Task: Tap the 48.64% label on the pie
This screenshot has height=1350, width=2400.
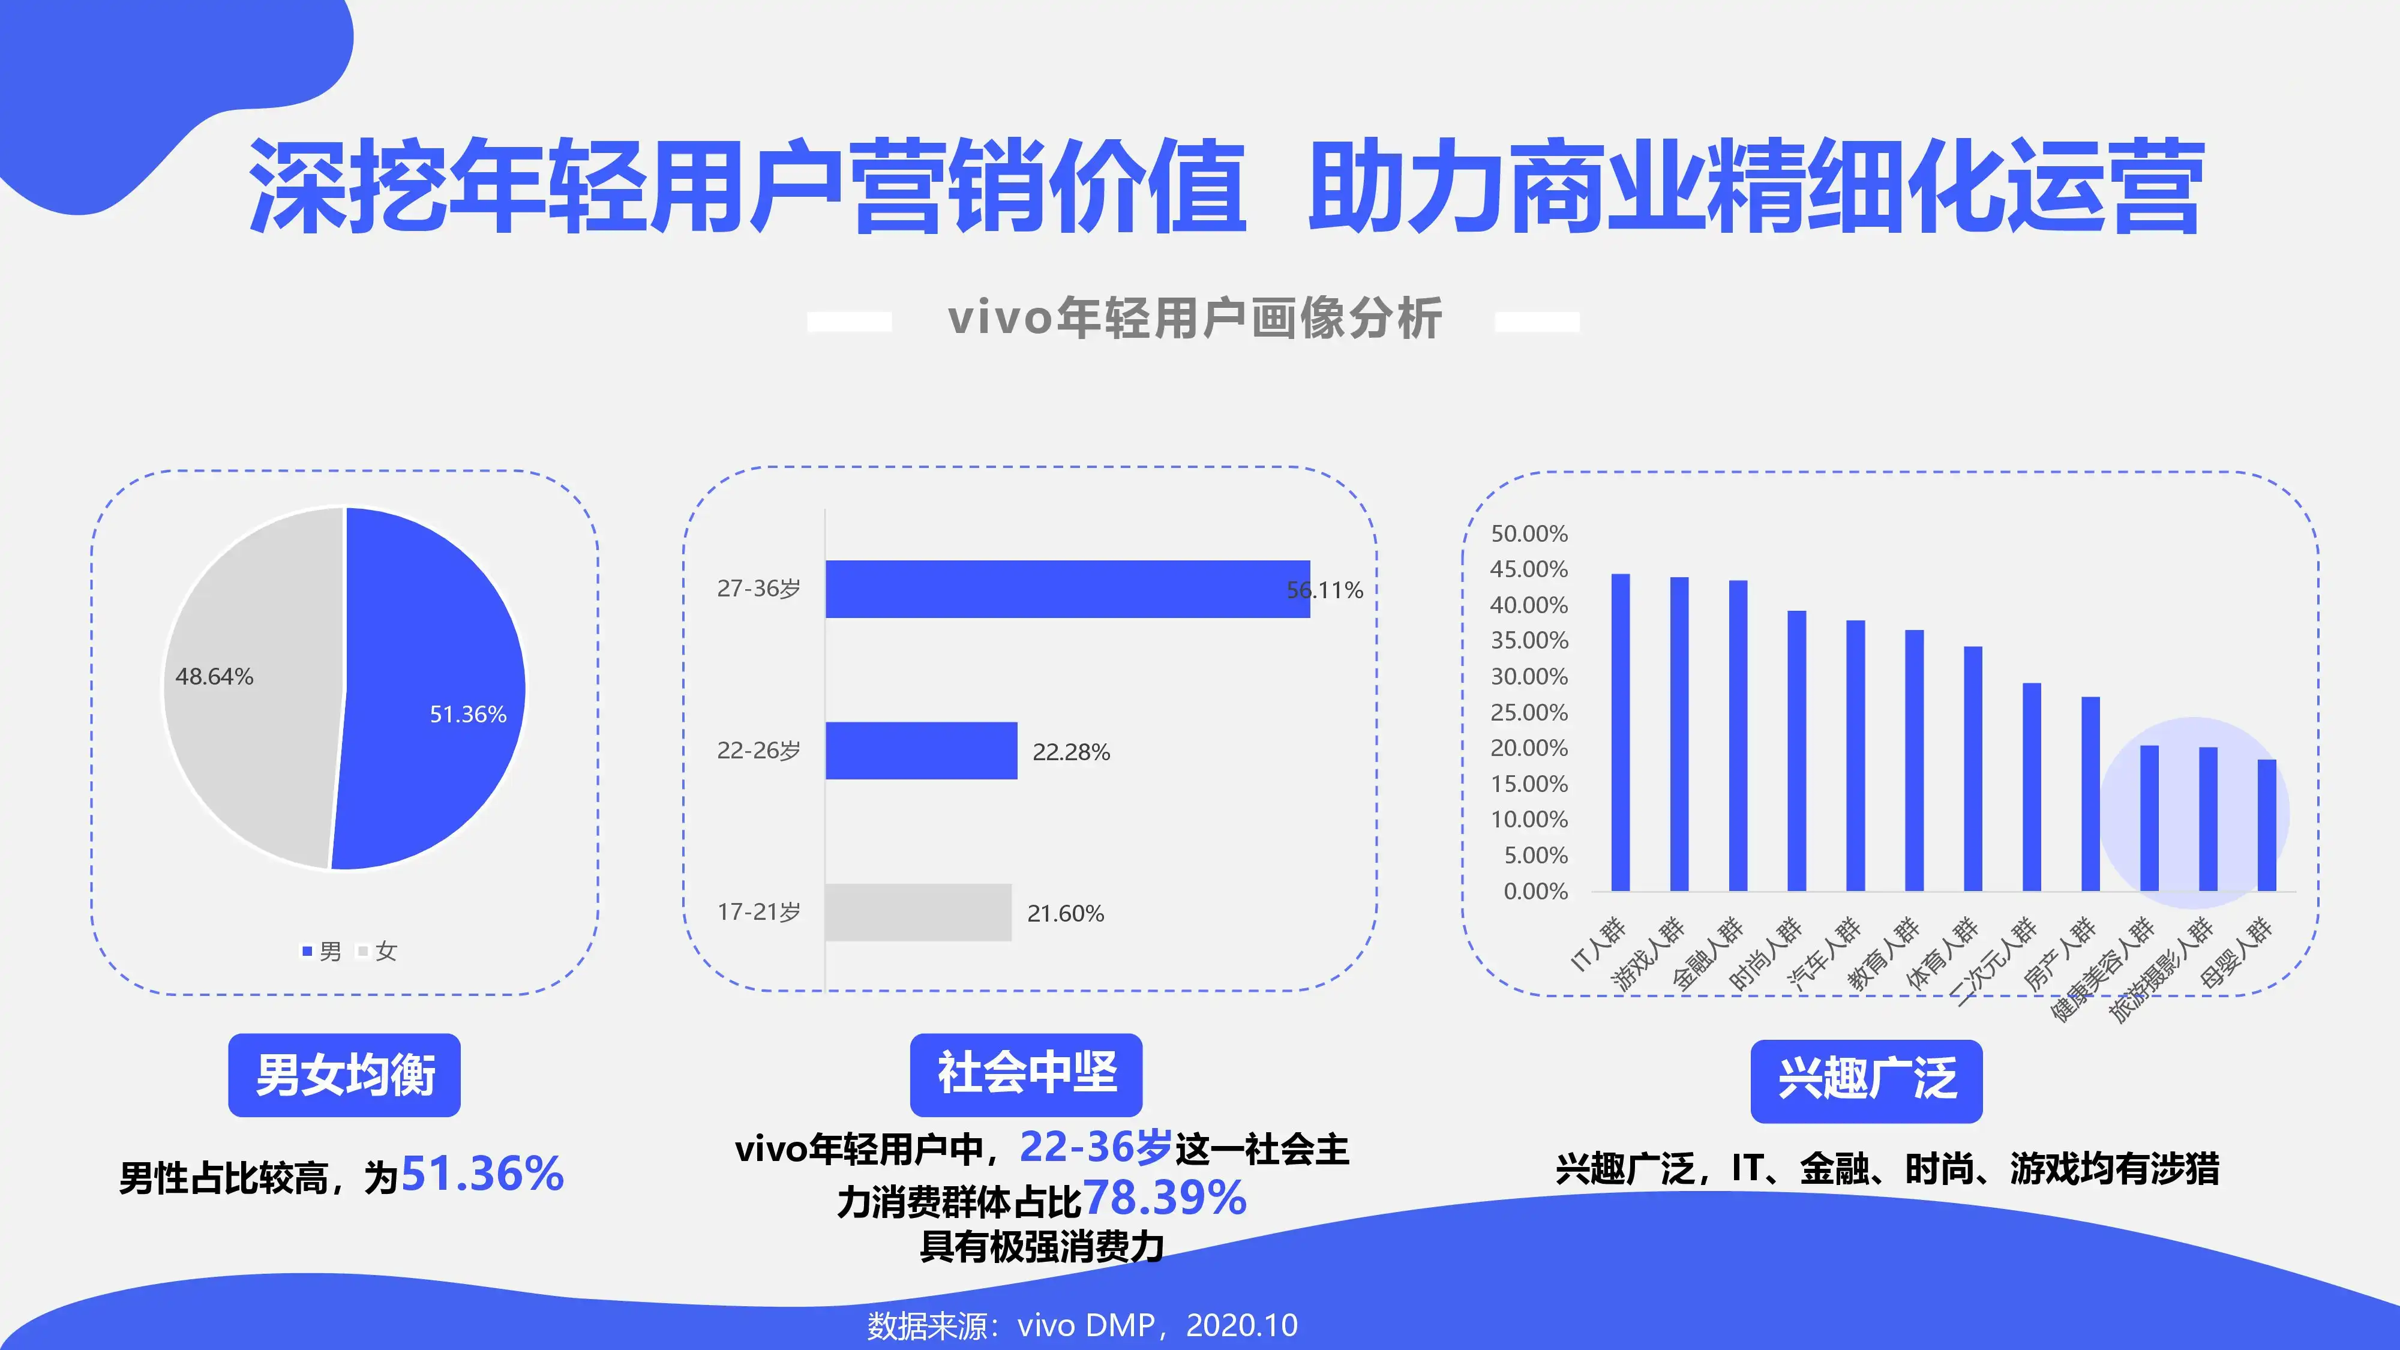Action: pyautogui.click(x=214, y=676)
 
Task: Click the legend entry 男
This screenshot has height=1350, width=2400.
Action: pyautogui.click(x=322, y=951)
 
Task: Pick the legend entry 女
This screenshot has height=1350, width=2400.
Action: pyautogui.click(x=378, y=951)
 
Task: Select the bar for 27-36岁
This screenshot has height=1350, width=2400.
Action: pyautogui.click(x=1068, y=589)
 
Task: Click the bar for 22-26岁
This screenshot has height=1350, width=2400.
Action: pyautogui.click(x=922, y=750)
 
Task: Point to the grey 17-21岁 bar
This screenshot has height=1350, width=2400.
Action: pyautogui.click(x=919, y=912)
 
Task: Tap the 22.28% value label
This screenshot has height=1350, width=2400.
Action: pyautogui.click(x=1072, y=752)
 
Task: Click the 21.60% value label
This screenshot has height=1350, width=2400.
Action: pyautogui.click(x=1066, y=913)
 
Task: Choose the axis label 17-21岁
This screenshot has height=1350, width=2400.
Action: pyautogui.click(x=758, y=912)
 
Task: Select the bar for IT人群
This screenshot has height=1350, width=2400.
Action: pyautogui.click(x=1621, y=732)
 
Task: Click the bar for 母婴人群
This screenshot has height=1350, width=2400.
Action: pyautogui.click(x=2267, y=826)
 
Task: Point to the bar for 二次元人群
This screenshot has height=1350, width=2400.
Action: pyautogui.click(x=2032, y=787)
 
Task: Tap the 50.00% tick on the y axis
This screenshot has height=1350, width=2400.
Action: pyautogui.click(x=1529, y=534)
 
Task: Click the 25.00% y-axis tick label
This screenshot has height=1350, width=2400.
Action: pyautogui.click(x=1529, y=713)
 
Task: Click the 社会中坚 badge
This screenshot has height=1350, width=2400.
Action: pyautogui.click(x=1027, y=1074)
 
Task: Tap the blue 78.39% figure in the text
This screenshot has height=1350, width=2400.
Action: pyautogui.click(x=1165, y=1199)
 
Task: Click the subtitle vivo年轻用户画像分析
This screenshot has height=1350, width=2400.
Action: pyautogui.click(x=1195, y=319)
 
